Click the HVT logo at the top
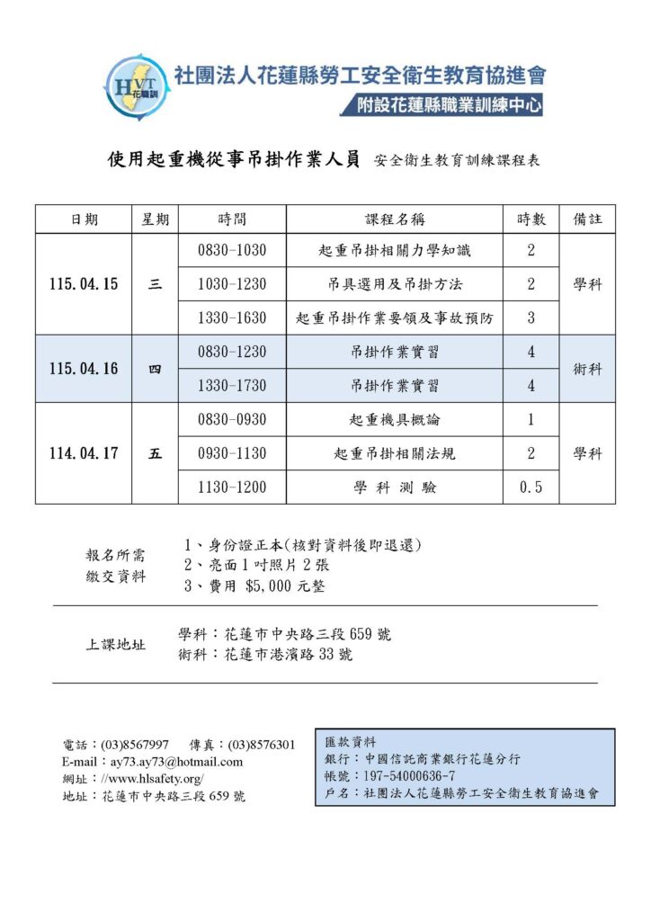[x=136, y=87]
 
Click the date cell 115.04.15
[x=84, y=284]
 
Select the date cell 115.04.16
[x=84, y=369]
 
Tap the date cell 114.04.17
[x=84, y=453]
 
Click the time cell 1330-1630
[x=232, y=318]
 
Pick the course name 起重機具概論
[x=394, y=420]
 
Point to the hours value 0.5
[x=531, y=487]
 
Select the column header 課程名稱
[x=394, y=219]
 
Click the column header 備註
[x=587, y=219]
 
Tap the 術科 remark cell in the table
[x=587, y=369]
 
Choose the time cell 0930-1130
[x=232, y=454]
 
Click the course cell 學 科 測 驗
[x=394, y=487]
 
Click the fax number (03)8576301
[x=262, y=745]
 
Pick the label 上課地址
[x=116, y=645]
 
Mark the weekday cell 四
[x=155, y=369]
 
